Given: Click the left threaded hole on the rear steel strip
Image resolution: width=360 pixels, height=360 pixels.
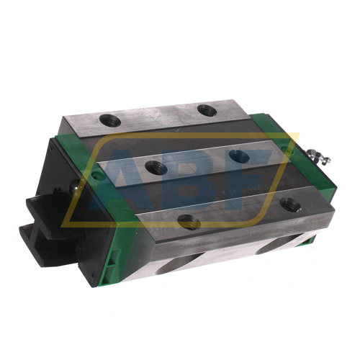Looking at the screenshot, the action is [110, 120].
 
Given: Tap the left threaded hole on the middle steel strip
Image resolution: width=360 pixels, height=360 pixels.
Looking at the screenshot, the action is [156, 166].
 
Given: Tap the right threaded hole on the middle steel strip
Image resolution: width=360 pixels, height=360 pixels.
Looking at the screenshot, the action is [240, 156].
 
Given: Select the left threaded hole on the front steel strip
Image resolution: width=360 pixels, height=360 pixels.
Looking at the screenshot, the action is [189, 220].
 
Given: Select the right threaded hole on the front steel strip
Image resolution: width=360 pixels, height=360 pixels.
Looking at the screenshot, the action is [290, 204].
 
